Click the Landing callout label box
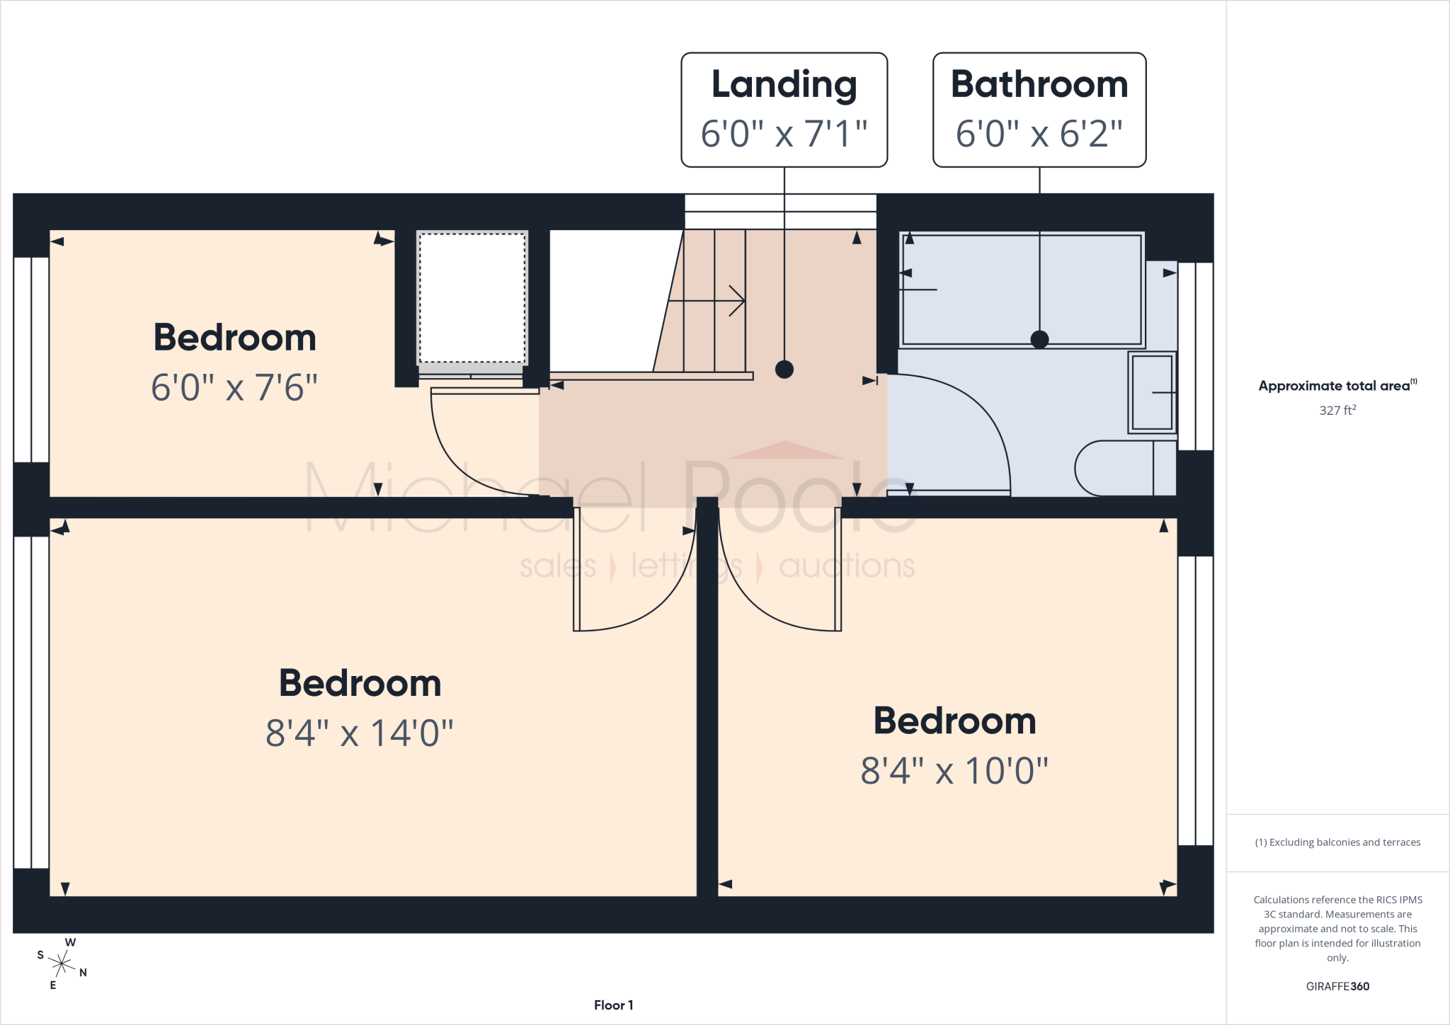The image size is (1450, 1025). tap(784, 110)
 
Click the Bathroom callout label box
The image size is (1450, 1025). tap(1039, 110)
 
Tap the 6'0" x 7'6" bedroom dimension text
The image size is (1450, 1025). tap(234, 388)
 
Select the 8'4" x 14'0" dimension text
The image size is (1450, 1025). tap(360, 733)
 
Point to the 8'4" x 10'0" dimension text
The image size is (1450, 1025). tap(954, 771)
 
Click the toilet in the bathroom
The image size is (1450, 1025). tap(1125, 468)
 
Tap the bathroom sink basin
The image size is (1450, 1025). tap(1152, 392)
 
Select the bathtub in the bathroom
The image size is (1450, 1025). tap(1022, 290)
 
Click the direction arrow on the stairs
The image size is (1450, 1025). tap(707, 301)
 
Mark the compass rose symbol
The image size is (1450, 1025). tap(62, 963)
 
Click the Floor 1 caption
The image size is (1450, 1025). tap(614, 1005)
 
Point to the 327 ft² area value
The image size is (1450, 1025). tap(1337, 410)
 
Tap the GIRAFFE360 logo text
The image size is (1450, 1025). tap(1337, 986)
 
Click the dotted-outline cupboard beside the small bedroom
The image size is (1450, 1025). tap(472, 299)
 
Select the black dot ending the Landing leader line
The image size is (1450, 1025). tap(784, 369)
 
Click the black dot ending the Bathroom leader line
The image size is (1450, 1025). tap(1039, 339)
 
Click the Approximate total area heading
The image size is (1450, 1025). tap(1337, 386)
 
